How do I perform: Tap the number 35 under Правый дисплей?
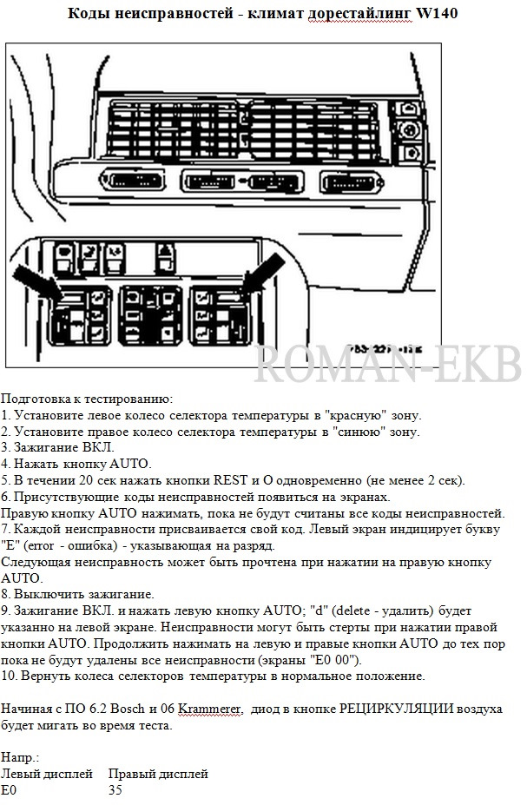(x=115, y=789)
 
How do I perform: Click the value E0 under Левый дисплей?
(x=9, y=789)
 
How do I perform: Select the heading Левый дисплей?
(x=47, y=774)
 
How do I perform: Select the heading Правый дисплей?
(x=158, y=774)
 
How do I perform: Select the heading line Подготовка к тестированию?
(x=87, y=399)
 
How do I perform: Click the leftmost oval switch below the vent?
(x=140, y=182)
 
